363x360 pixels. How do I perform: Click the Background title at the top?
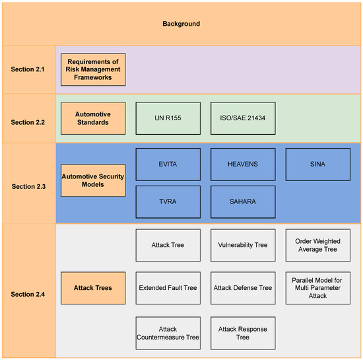181,24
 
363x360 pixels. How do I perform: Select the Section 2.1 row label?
28,69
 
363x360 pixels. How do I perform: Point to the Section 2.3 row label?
28,186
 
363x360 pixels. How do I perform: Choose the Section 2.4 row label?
28,292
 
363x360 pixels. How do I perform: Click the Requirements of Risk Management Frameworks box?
93,69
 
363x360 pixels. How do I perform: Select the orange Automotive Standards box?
93,118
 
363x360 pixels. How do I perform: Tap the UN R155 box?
168,118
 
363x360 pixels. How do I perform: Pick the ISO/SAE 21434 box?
243,118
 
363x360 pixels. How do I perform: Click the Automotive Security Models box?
93,180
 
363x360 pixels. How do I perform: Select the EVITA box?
168,164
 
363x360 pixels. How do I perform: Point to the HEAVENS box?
243,164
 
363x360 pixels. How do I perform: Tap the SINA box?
317,164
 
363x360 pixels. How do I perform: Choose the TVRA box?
168,201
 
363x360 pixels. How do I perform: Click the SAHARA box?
243,201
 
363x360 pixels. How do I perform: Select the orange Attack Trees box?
93,288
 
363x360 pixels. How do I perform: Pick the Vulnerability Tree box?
243,244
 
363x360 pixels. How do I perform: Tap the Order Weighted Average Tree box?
317,244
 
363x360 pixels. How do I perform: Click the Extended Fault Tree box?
168,288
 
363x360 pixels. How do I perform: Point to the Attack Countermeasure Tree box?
168,332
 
